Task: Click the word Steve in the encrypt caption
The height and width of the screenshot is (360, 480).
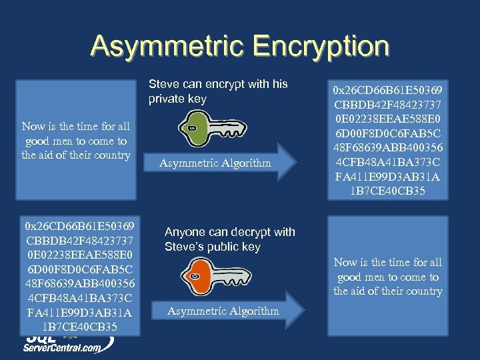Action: [164, 84]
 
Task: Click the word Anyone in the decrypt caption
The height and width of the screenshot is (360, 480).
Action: [185, 232]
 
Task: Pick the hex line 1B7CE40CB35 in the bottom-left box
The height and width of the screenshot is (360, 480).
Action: [78, 327]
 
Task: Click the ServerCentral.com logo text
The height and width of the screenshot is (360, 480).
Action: [63, 347]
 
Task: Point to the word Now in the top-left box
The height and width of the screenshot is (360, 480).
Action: [33, 126]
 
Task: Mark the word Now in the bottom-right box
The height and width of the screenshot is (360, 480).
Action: [345, 262]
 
